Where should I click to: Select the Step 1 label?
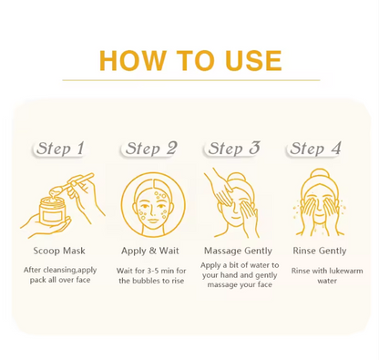click(61, 148)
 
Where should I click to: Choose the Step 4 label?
click(316, 148)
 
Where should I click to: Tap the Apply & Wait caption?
click(149, 249)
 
